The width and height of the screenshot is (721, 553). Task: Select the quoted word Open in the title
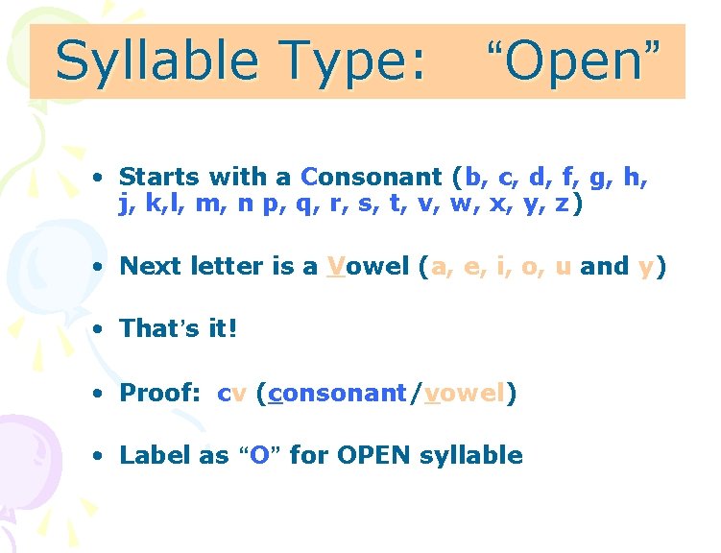(x=572, y=61)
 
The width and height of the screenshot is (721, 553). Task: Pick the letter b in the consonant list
(x=472, y=178)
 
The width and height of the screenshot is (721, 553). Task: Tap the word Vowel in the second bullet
(x=368, y=267)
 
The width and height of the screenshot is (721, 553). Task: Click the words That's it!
(x=178, y=329)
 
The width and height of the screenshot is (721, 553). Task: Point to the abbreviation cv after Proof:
(x=232, y=394)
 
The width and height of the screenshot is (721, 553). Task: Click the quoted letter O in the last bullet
(x=259, y=455)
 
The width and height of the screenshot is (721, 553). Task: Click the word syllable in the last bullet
(x=471, y=456)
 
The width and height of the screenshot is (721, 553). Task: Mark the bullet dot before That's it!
(x=98, y=330)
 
